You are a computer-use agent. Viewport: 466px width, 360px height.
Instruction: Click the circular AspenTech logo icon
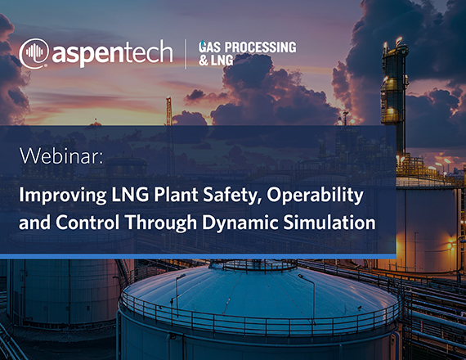coord(34,53)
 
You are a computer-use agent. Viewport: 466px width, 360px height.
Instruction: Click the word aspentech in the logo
coord(112,53)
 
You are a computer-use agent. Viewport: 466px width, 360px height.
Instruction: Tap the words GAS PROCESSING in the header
coord(247,47)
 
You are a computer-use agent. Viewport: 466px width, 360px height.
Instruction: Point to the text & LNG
coord(216,61)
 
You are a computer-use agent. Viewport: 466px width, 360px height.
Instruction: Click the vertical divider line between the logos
coord(186,54)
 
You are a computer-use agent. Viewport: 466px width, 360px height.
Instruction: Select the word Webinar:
coord(61,155)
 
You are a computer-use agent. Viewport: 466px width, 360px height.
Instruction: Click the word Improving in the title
coord(63,196)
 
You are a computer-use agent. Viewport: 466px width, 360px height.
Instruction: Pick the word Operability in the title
coord(315,196)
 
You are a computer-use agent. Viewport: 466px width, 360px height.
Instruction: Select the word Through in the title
coord(161,223)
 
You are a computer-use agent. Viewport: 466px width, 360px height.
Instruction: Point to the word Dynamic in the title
coord(240,223)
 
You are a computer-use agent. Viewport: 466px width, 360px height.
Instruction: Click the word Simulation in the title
coord(329,223)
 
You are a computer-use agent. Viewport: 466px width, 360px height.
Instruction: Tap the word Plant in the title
coord(176,195)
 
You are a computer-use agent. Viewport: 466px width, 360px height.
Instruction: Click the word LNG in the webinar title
coord(130,196)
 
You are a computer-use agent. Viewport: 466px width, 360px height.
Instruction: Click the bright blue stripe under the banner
coord(198,256)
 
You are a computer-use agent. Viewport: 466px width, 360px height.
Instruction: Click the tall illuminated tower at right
coord(394,98)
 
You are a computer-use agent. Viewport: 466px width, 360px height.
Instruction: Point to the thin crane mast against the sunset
coord(168,111)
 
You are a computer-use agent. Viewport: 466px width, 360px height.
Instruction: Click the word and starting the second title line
coord(34,223)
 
